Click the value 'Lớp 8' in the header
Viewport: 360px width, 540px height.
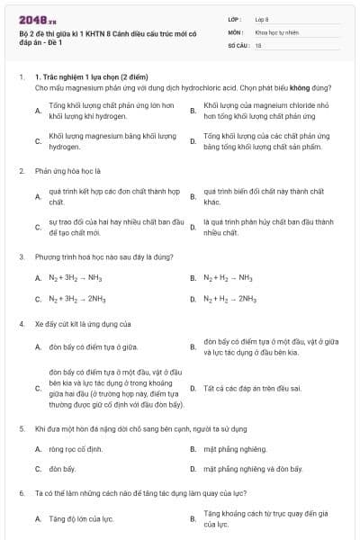pos(262,19)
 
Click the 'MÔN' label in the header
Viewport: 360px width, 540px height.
pos(235,31)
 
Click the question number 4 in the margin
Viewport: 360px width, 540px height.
pos(21,323)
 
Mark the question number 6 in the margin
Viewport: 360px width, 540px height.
pos(21,494)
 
